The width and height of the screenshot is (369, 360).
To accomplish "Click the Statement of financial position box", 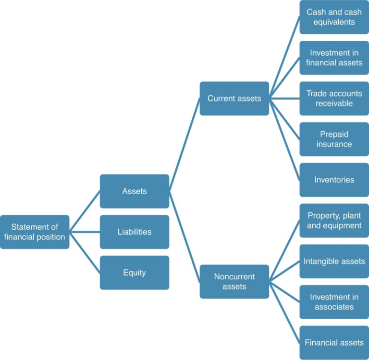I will click(x=35, y=232).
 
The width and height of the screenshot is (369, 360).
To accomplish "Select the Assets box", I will click(x=135, y=191).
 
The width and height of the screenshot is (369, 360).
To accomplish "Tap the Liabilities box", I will click(x=135, y=232).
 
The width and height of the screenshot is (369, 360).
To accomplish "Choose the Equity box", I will click(x=135, y=273).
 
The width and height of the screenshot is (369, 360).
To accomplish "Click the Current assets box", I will click(x=234, y=99).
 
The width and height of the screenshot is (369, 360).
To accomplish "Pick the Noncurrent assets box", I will click(x=234, y=282).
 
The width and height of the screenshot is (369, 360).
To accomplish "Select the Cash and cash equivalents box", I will click(x=334, y=17).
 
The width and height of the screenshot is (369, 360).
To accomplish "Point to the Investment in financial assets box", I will click(x=334, y=58).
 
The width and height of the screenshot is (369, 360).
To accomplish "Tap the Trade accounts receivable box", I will click(x=334, y=99).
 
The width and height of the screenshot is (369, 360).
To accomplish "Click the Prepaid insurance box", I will click(x=334, y=139).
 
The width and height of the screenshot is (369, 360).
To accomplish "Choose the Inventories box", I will click(x=334, y=180).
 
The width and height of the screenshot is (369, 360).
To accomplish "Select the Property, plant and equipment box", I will click(x=334, y=221).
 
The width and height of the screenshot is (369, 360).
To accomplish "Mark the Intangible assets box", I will click(x=334, y=261).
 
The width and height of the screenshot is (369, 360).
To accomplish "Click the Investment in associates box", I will click(x=334, y=302).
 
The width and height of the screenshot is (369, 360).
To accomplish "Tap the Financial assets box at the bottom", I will click(x=334, y=343).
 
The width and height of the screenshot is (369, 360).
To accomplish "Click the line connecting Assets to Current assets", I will click(x=184, y=144).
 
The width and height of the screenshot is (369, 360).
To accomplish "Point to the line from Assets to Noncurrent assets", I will click(x=184, y=236).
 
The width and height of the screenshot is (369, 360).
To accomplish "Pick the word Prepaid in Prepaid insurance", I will click(x=334, y=135).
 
